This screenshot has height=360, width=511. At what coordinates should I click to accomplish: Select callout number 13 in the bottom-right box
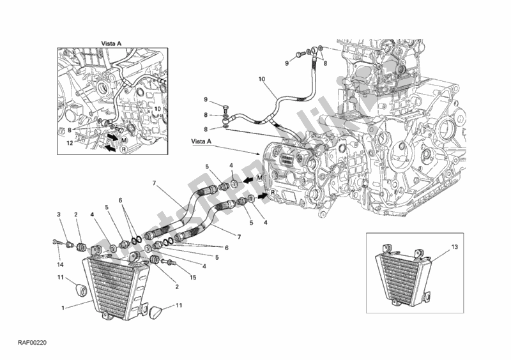pos(437,245)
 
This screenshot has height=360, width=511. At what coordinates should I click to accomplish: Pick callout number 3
pos(57,214)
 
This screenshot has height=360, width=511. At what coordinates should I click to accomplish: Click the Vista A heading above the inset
pos(111,43)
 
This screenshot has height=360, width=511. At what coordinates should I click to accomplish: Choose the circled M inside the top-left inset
pos(125,139)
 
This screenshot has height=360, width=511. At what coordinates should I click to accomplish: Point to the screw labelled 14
pos(59,242)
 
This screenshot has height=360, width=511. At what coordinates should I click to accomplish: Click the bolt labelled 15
pos(169,261)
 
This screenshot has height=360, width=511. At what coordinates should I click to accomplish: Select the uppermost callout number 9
pos(287,64)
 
